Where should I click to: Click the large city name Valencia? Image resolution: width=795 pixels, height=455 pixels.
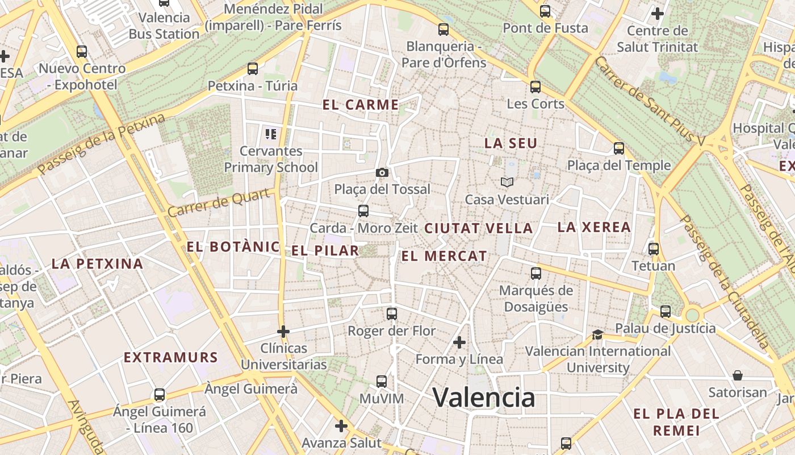484,397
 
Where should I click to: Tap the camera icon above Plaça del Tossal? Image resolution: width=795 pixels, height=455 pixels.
382,172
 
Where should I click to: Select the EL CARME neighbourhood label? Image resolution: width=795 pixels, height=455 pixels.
361,105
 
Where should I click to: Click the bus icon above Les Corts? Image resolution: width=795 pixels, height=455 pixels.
535,87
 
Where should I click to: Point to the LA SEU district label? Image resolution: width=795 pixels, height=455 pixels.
511,143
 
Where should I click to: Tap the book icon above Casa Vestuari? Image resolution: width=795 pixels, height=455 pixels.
507,183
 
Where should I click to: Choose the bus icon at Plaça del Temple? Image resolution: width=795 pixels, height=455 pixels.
619,148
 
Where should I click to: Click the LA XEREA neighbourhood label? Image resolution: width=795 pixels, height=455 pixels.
594,227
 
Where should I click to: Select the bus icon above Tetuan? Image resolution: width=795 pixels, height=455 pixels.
654,249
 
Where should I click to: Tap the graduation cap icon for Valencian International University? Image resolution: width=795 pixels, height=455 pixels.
597,334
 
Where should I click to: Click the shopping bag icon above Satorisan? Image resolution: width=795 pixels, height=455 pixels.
738,375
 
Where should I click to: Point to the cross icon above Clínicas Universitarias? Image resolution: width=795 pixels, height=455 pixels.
283,331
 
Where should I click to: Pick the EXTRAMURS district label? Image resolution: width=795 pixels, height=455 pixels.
171,357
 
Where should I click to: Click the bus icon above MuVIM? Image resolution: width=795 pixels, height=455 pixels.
382,382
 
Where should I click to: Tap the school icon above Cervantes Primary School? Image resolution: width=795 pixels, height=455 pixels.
271,134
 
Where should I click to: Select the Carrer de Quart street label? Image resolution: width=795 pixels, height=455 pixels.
219,204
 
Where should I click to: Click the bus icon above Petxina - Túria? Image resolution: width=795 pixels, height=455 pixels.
253,69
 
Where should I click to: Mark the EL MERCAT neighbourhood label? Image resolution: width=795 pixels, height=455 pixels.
444,256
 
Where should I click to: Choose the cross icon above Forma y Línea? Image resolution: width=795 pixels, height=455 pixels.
459,342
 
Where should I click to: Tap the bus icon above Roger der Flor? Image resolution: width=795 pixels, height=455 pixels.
391,313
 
